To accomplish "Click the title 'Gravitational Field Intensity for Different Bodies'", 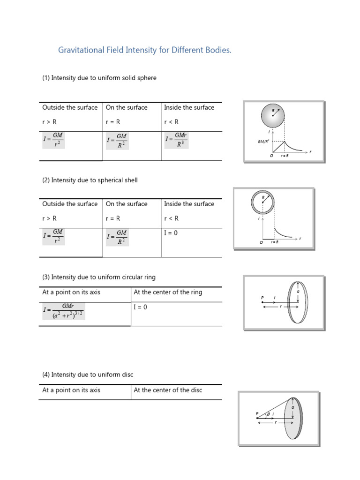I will (144, 50).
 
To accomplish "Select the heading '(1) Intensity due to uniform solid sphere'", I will (99, 78).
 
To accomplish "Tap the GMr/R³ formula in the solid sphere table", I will (176, 140).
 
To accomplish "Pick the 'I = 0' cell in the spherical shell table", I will (171, 233).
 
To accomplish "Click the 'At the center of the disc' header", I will (168, 390).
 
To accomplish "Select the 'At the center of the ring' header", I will (168, 292).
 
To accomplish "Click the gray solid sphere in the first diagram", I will (273, 116).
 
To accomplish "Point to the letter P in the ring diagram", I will (262, 298).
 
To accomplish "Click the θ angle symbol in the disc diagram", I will (268, 414).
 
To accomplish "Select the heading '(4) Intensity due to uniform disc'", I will (88, 375).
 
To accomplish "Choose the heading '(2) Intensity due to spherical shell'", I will (90, 180).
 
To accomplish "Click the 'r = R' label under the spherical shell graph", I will (275, 243).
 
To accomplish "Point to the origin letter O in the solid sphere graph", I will (271, 156).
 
